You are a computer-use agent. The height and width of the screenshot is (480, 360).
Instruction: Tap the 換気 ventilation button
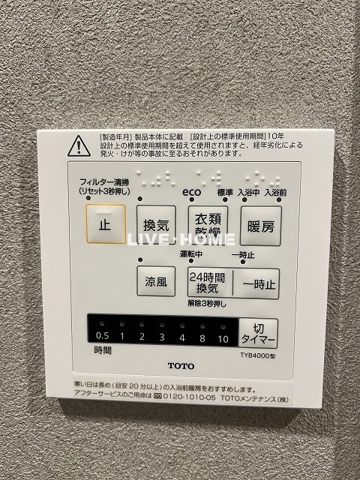coord(156,223)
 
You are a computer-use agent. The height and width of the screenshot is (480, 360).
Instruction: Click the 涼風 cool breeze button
coord(156,283)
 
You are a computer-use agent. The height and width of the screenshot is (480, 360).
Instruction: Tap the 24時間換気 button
coord(206,283)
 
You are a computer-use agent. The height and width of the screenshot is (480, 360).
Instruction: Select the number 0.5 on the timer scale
coord(103,337)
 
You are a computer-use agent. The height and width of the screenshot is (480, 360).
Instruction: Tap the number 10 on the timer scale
coord(223,337)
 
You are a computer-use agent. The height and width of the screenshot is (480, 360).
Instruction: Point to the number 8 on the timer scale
coord(202,337)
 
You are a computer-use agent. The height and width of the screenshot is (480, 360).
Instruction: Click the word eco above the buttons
coord(191,192)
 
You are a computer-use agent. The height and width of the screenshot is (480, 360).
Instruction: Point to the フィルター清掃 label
coord(105,182)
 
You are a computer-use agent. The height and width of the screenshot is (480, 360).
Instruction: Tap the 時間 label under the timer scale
coord(103,350)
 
